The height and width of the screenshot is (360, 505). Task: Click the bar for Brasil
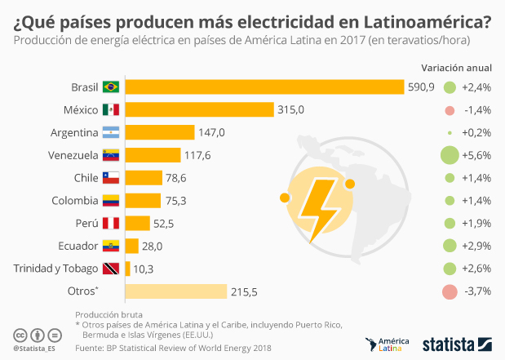coord(264,87)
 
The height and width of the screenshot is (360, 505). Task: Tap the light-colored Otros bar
coord(175,291)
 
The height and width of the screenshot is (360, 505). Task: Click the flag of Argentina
coord(110,132)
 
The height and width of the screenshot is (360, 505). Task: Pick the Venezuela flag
coord(110,155)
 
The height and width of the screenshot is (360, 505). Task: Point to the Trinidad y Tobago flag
coord(110,269)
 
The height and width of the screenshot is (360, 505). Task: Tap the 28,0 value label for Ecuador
coord(153,246)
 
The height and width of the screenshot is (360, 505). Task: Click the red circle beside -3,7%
coord(448,291)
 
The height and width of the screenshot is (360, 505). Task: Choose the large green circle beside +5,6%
coord(448,155)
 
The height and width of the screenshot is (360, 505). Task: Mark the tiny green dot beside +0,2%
coord(448,132)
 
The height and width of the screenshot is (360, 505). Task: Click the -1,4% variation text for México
coord(476,109)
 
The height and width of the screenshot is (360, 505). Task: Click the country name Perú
coord(84,223)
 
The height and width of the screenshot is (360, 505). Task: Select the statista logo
coord(455,344)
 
